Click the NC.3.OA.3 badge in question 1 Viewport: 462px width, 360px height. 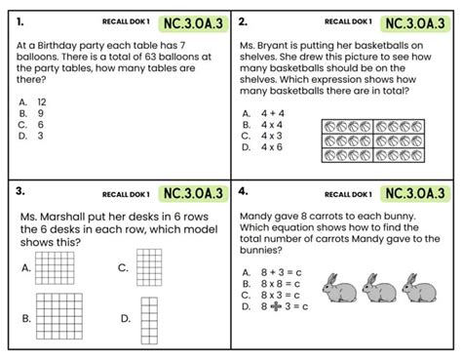(x=192, y=22)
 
